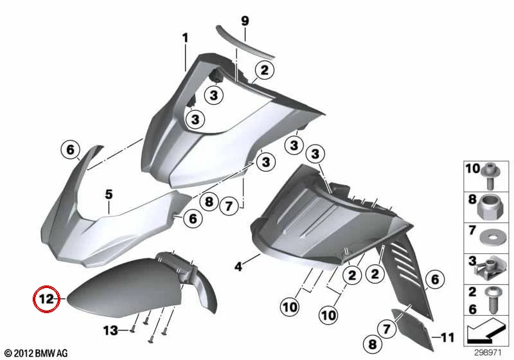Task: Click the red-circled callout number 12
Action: pos(46,299)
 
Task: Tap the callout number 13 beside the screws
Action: pos(111,330)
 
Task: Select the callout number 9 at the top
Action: pos(245,21)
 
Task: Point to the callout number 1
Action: pos(186,38)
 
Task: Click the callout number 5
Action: pos(109,194)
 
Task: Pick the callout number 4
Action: pos(238,267)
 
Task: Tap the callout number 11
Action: pos(448,337)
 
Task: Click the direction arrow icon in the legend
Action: pos(484,332)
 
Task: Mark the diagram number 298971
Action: pos(488,352)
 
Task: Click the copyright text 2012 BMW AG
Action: pos(36,353)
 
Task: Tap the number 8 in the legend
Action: pos(472,199)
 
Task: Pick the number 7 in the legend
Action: pos(472,230)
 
